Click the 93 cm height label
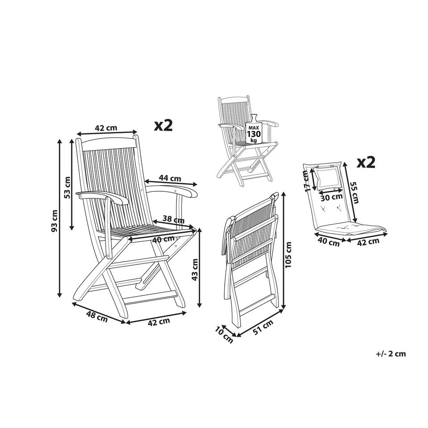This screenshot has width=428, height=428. (55, 221)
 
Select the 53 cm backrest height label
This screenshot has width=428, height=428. (68, 187)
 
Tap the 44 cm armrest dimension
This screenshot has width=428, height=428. (169, 178)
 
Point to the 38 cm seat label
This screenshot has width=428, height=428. (173, 219)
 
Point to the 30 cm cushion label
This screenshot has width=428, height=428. (331, 197)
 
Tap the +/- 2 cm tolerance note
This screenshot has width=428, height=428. (391, 354)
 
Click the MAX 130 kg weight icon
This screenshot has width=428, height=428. (253, 130)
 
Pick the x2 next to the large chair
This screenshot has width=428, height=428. (163, 125)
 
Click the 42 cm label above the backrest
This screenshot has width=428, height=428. (106, 128)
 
